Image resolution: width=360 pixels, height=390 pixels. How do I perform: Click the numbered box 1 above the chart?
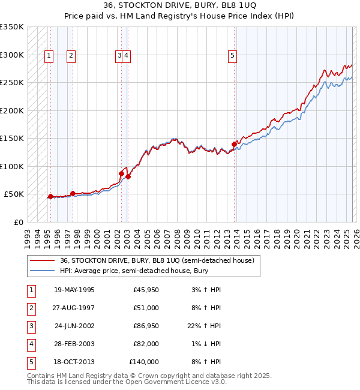click(49, 56)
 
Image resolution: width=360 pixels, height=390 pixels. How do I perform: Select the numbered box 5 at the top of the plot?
click(232, 56)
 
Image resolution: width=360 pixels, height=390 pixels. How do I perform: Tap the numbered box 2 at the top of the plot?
click(71, 56)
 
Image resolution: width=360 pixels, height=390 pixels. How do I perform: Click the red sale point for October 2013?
click(234, 144)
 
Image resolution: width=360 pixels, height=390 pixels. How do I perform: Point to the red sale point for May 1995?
click(50, 196)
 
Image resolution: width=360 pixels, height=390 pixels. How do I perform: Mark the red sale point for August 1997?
click(73, 193)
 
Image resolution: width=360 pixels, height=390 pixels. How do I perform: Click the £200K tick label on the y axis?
click(12, 110)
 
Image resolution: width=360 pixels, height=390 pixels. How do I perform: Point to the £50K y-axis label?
click(14, 194)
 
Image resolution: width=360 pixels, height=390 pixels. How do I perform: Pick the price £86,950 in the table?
click(146, 326)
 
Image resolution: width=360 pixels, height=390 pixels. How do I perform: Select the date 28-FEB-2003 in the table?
click(74, 344)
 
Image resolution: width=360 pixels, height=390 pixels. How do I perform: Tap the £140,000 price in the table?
click(145, 362)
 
